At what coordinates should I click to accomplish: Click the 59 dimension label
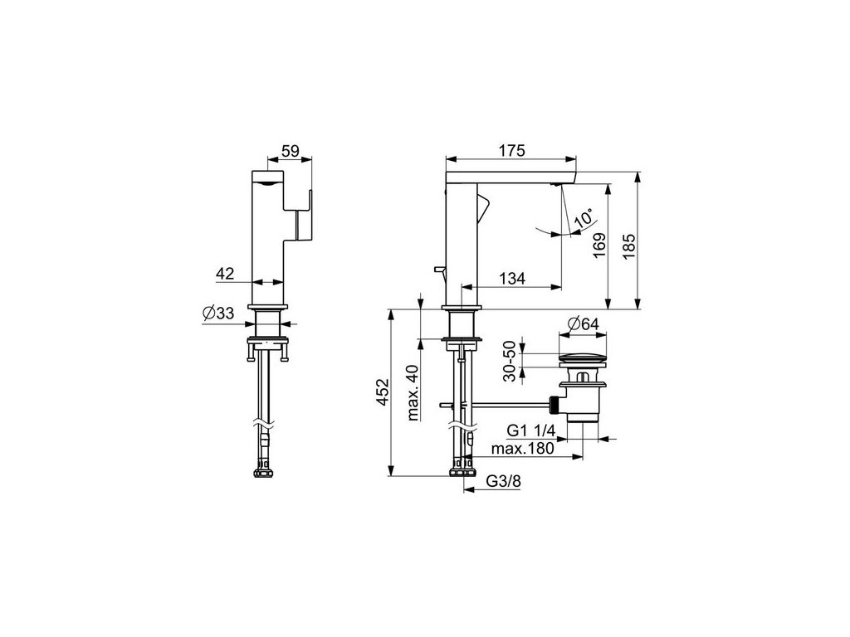291,150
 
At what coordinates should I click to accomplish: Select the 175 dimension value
511,150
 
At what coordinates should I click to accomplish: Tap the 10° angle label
584,218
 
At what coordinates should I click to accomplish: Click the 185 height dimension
628,246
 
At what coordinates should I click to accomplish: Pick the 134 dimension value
511,279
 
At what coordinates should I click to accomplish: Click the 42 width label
225,274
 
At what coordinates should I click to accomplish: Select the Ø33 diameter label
218,313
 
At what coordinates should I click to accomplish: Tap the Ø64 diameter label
583,324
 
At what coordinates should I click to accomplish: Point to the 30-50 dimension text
510,362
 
